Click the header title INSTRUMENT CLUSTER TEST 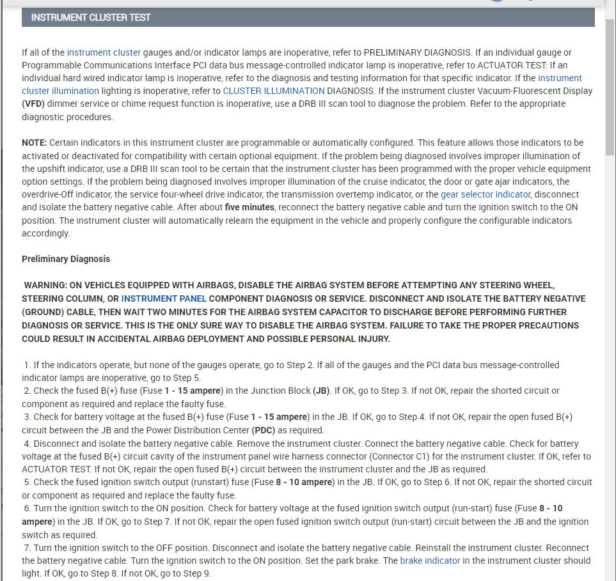[91, 17]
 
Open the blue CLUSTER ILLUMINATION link [274, 91]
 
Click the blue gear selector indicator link [486, 194]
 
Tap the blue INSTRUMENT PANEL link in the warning [164, 298]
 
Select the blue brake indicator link [430, 561]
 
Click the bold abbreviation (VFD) [35, 104]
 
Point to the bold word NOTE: [35, 143]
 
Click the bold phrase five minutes [249, 207]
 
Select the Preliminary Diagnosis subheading [66, 259]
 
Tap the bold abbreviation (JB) [322, 391]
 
